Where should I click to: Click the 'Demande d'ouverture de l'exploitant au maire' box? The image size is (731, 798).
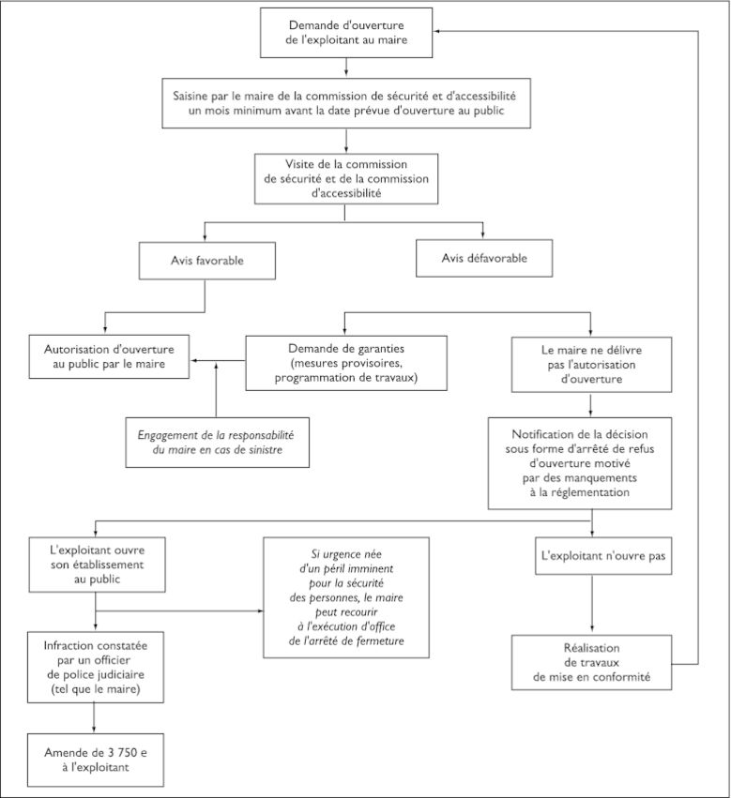pyautogui.click(x=346, y=33)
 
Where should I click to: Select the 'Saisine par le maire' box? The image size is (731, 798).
pyautogui.click(x=346, y=103)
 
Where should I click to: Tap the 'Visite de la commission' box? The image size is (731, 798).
pyautogui.click(x=346, y=178)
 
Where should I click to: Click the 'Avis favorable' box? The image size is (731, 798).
pyautogui.click(x=207, y=261)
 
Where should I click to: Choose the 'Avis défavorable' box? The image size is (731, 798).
pyautogui.click(x=484, y=258)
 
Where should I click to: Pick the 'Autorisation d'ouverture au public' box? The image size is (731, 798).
pyautogui.click(x=109, y=356)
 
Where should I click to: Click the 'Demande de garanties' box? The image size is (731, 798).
pyautogui.click(x=346, y=363)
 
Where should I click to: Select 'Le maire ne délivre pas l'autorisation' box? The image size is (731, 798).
pyautogui.click(x=591, y=365)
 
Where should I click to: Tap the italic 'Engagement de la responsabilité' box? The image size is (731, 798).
pyautogui.click(x=218, y=443)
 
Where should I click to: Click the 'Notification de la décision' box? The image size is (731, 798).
pyautogui.click(x=580, y=463)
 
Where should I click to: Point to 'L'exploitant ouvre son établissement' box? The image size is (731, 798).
pyautogui.click(x=98, y=565)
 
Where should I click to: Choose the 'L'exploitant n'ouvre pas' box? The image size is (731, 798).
pyautogui.click(x=603, y=556)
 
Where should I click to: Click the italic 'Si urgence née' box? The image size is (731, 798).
pyautogui.click(x=346, y=597)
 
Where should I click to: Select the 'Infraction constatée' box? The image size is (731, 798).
pyautogui.click(x=96, y=668)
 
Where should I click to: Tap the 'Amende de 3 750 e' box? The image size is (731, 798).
pyautogui.click(x=96, y=760)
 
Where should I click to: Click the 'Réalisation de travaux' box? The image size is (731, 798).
pyautogui.click(x=591, y=662)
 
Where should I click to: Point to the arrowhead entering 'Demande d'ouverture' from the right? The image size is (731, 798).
pyautogui.click(x=436, y=32)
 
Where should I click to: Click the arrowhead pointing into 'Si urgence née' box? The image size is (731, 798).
pyautogui.click(x=260, y=610)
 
